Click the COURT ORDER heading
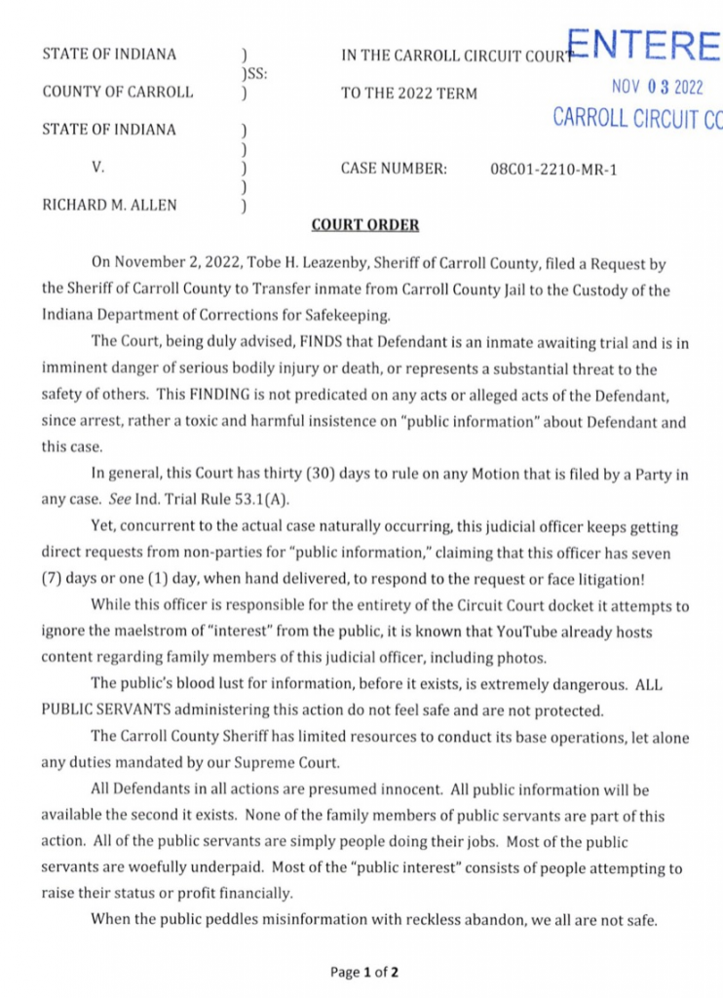[364, 225]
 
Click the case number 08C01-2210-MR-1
[553, 170]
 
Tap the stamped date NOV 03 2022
[657, 87]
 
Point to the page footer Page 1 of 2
[364, 972]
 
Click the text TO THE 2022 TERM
[409, 94]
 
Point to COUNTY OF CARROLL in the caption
[118, 93]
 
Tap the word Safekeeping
[332, 314]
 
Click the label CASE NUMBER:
[394, 169]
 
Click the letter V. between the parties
[97, 168]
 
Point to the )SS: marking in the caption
[254, 73]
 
